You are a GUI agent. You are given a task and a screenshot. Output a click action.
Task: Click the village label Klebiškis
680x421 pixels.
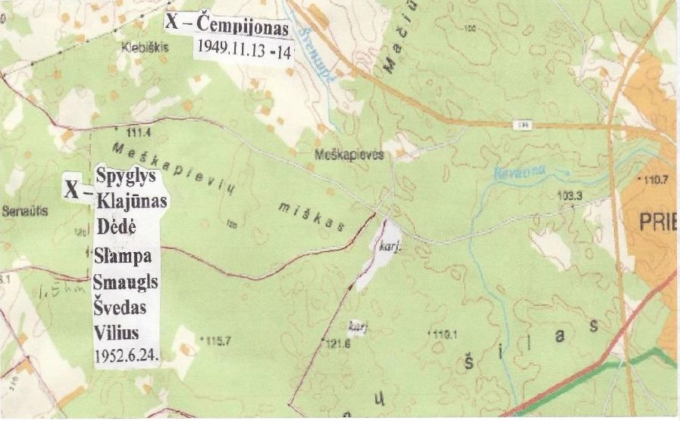[x=143, y=46]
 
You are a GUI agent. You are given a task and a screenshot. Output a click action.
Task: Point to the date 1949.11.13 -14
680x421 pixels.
[x=238, y=45]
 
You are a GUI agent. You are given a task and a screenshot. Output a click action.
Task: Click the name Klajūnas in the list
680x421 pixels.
[x=132, y=199]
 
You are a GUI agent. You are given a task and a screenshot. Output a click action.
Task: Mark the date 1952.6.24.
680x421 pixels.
[x=126, y=354]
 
